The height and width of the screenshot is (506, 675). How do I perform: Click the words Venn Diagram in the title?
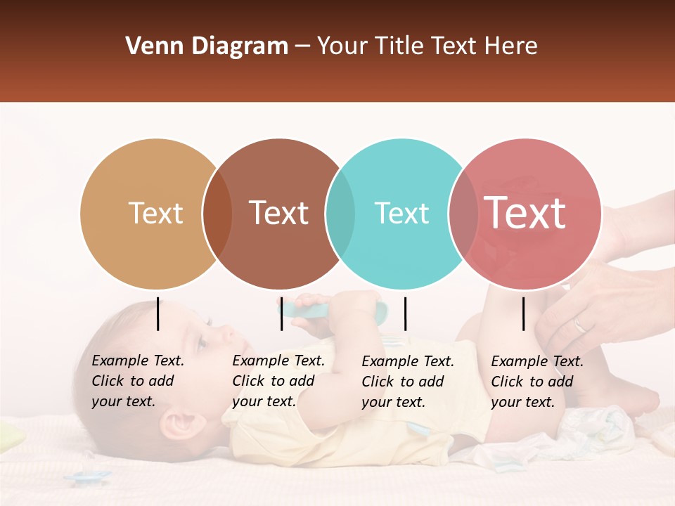click(x=207, y=46)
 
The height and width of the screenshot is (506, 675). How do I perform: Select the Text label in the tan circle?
click(x=156, y=213)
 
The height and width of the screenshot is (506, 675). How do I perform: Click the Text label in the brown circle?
click(x=279, y=213)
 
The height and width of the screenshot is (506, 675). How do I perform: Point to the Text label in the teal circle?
click(x=401, y=213)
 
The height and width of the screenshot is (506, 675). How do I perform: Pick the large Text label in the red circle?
click(x=525, y=213)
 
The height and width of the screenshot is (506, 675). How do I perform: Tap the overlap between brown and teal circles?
click(x=340, y=214)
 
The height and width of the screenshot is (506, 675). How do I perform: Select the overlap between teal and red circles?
click(x=463, y=214)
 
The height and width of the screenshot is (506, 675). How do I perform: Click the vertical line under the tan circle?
click(x=158, y=313)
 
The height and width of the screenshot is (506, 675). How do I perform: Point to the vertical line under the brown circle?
click(x=281, y=313)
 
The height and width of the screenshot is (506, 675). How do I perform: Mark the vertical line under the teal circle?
click(x=405, y=313)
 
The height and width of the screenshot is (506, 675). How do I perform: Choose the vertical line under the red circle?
click(x=523, y=313)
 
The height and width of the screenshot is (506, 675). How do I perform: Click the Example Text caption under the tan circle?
click(x=137, y=381)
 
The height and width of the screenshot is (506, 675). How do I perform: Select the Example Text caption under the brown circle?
click(x=278, y=381)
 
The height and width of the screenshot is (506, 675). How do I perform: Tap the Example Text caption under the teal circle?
click(x=407, y=382)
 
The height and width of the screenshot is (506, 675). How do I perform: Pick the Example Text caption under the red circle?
click(x=536, y=382)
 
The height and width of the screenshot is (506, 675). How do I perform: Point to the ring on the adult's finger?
click(x=579, y=325)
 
